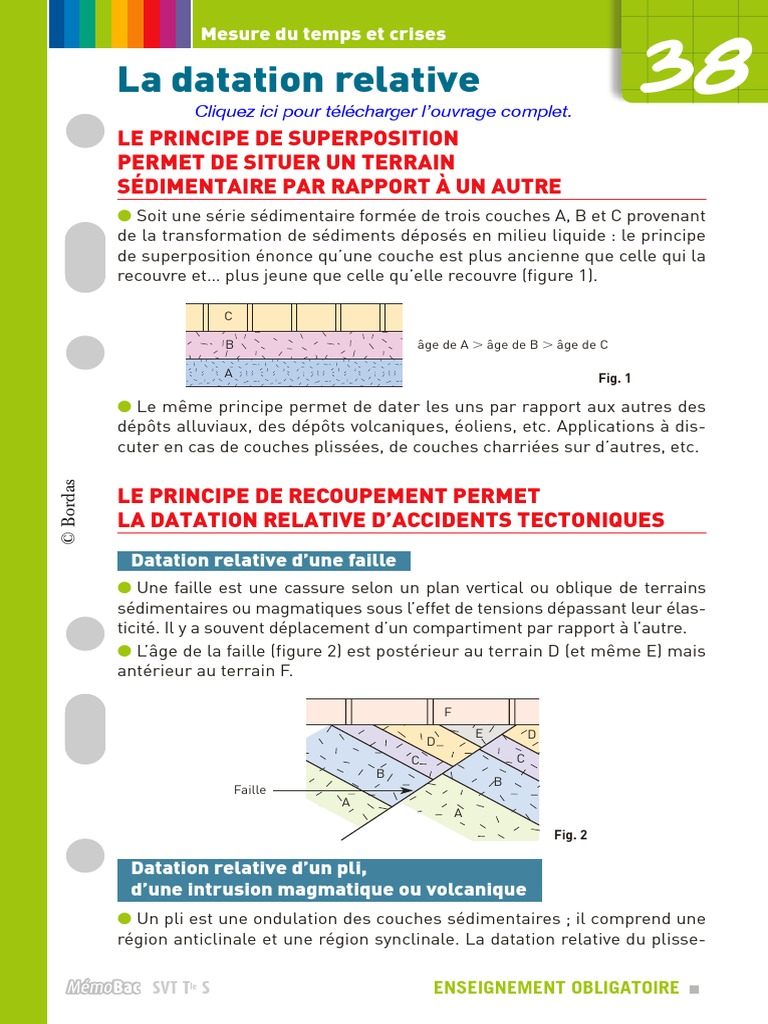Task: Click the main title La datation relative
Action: [298, 79]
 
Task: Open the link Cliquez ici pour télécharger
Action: [383, 111]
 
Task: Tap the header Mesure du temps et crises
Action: [323, 34]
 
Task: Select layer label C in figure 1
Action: [228, 316]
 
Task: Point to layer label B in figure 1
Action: [229, 345]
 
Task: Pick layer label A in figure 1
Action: [228, 373]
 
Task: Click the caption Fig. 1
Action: [614, 379]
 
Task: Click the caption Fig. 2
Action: [570, 835]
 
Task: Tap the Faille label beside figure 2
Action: [250, 790]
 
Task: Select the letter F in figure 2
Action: [448, 712]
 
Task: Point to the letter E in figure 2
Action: [480, 734]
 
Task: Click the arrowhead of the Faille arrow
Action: [406, 790]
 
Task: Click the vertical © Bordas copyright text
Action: [68, 511]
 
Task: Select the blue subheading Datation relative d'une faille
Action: [264, 560]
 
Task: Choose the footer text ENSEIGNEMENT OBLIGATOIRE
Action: [556, 988]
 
